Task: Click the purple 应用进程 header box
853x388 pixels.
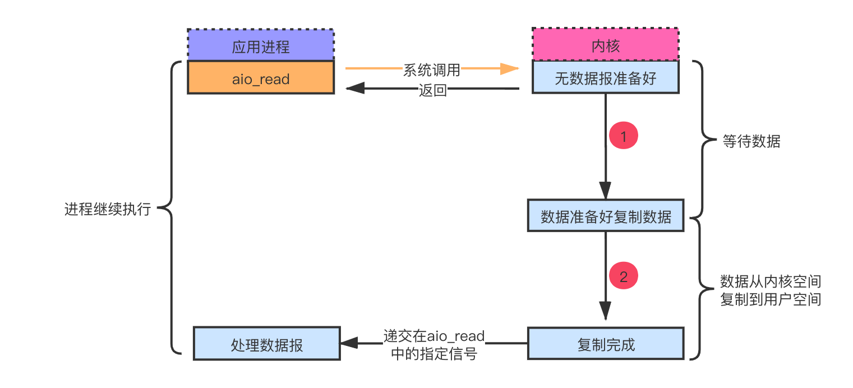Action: [260, 45]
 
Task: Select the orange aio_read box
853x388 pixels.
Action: [260, 78]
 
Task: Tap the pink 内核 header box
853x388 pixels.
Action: [605, 45]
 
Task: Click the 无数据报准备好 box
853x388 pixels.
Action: [605, 78]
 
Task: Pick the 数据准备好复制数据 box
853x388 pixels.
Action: [605, 216]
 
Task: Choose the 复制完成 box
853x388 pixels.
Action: [605, 344]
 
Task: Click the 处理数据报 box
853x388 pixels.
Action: [266, 344]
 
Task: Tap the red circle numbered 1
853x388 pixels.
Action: [624, 136]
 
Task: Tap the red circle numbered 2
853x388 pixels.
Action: [624, 276]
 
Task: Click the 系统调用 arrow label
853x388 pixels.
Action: [432, 70]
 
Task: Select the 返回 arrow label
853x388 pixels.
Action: [432, 90]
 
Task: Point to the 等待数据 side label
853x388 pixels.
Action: [751, 141]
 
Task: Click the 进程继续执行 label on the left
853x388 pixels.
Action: [108, 210]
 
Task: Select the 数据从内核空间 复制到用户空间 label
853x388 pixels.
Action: [770, 290]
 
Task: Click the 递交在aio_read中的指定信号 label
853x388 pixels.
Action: [434, 344]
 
